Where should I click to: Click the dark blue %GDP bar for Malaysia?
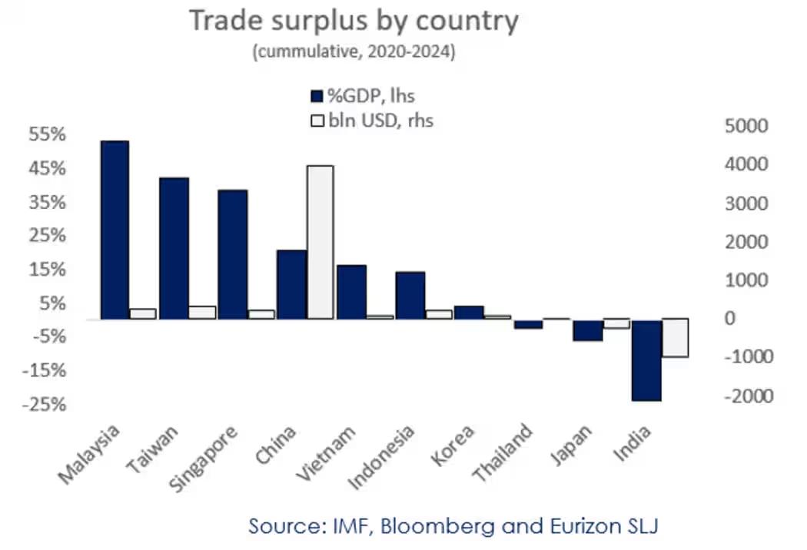point(115,230)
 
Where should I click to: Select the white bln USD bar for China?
point(320,242)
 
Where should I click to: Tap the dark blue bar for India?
point(646,359)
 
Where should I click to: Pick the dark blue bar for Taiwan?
point(174,248)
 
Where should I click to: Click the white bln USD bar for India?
point(675,338)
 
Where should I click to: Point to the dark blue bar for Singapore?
point(233,254)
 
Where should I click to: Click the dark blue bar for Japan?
point(587,330)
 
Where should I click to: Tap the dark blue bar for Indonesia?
point(410,295)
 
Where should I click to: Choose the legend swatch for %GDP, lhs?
point(316,96)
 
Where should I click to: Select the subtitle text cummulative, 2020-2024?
point(354,52)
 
